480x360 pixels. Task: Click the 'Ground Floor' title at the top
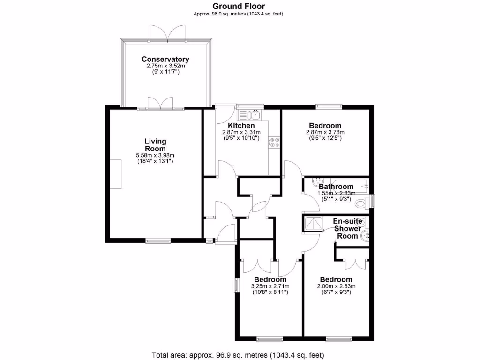(239, 6)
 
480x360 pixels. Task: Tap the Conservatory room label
(165, 60)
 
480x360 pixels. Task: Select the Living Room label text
(155, 145)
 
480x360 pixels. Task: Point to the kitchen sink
(249, 114)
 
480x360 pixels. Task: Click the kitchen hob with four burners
(274, 142)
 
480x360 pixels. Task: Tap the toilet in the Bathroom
(362, 203)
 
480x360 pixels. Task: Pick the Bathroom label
(336, 187)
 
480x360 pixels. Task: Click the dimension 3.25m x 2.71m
(270, 286)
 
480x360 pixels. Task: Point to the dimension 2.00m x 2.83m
(337, 286)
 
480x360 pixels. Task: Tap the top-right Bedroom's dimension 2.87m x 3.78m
(325, 133)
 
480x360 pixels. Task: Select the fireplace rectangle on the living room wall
(115, 174)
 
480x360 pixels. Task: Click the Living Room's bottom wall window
(158, 241)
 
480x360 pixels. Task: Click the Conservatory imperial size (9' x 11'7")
(165, 73)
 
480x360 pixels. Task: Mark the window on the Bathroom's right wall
(373, 201)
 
